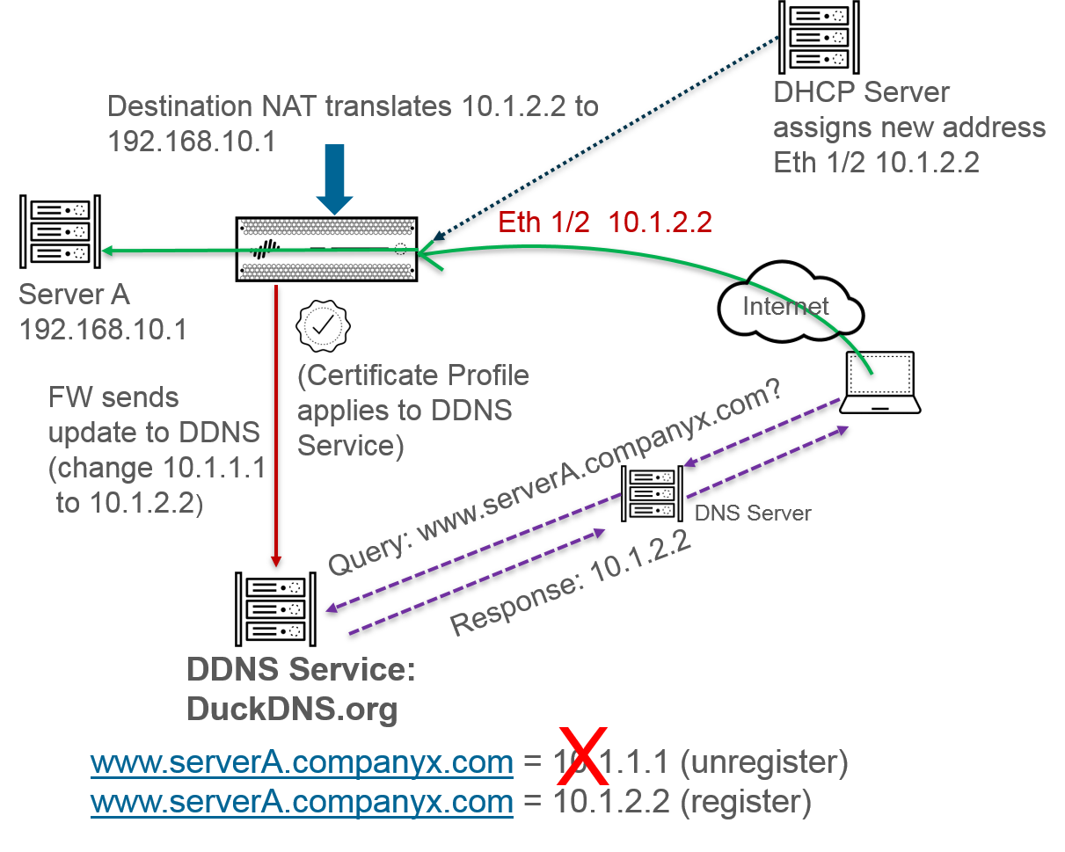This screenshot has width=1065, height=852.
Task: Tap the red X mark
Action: (581, 757)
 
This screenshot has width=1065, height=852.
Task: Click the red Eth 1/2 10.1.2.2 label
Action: (604, 222)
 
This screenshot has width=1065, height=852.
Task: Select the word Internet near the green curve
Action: (785, 306)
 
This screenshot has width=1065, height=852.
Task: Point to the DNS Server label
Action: (753, 513)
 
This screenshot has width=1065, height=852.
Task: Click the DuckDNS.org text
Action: (292, 709)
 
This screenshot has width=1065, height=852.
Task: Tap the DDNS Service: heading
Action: (301, 670)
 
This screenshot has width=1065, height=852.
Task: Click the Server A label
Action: (74, 295)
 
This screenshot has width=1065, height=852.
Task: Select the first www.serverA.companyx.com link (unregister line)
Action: (302, 762)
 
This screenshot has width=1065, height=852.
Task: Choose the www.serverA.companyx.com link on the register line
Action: (302, 801)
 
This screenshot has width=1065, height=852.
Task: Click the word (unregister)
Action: (764, 762)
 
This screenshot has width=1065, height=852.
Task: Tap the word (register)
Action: (745, 801)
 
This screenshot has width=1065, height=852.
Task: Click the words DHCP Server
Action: (861, 92)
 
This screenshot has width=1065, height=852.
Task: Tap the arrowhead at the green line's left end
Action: (107, 251)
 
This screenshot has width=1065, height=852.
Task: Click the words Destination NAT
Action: (209, 107)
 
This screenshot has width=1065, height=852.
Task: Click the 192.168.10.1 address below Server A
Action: (102, 330)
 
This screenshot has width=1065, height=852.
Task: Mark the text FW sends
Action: (113, 397)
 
